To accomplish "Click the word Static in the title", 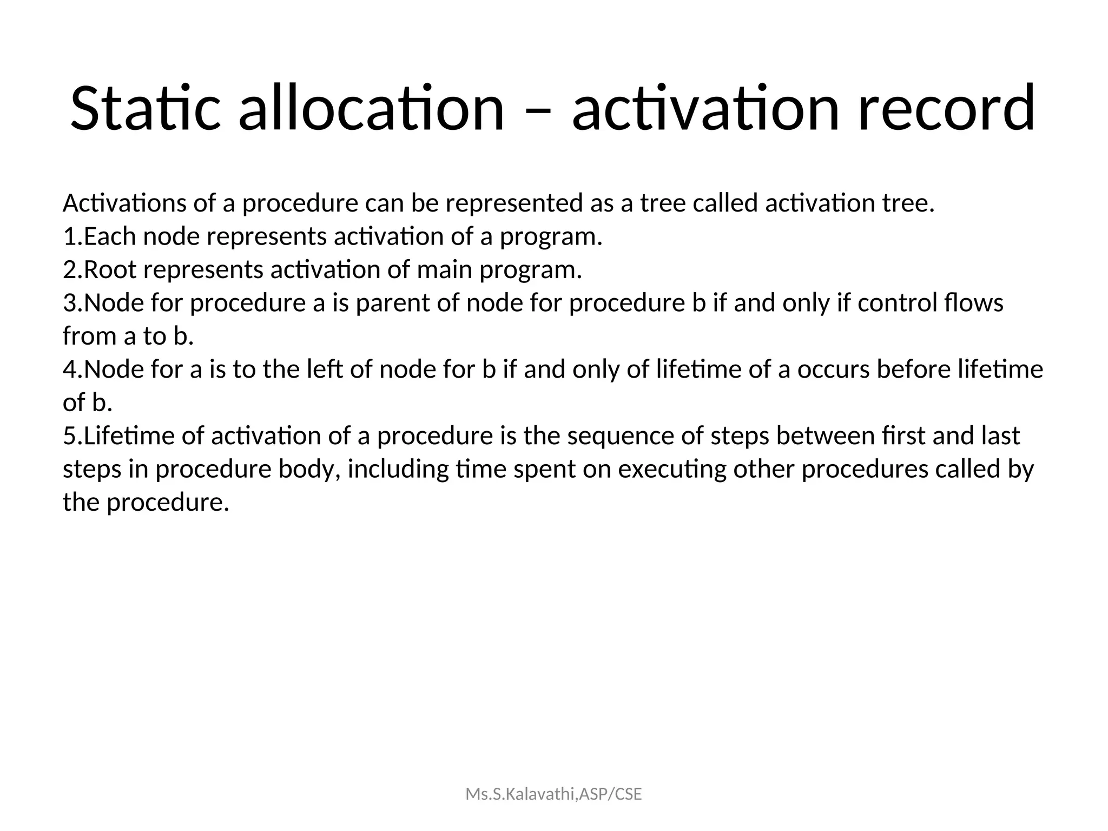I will pyautogui.click(x=145, y=108).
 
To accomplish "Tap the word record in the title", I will pyautogui.click(x=946, y=108).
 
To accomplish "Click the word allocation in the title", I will pyautogui.click(x=371, y=108).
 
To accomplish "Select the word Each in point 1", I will pyautogui.click(x=110, y=236).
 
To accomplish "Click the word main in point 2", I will pyautogui.click(x=444, y=269).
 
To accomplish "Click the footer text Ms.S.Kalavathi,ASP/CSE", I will pyautogui.click(x=553, y=794).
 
